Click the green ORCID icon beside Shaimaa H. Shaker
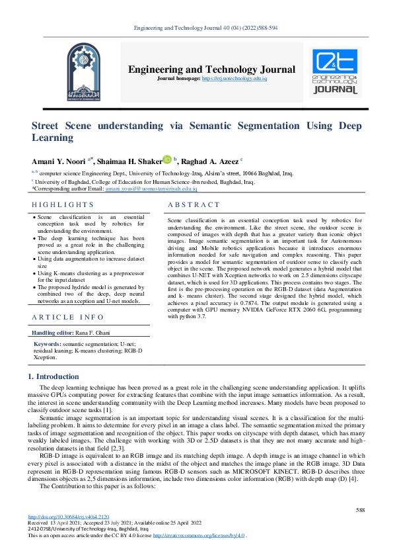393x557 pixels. [x=168, y=159]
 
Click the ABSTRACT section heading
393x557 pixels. [x=194, y=206]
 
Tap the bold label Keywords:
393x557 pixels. [x=48, y=345]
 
